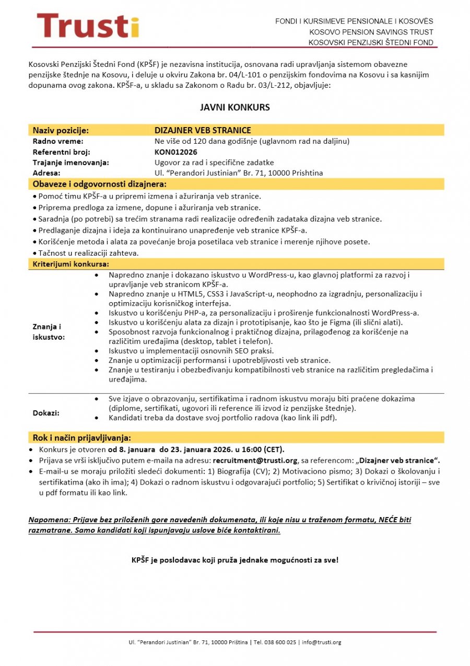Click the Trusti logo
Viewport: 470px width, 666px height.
click(x=88, y=25)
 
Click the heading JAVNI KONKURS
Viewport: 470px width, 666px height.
click(x=235, y=107)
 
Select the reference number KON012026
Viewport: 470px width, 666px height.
click(x=175, y=152)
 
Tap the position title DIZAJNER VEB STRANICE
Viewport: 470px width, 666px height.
click(x=203, y=130)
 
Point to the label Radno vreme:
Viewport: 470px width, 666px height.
click(x=58, y=141)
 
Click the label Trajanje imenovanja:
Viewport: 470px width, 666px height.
click(x=71, y=163)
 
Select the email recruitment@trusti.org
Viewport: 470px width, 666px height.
click(x=255, y=461)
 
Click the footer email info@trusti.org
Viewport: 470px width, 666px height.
click(x=321, y=642)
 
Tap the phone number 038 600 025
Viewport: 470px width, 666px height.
click(x=283, y=642)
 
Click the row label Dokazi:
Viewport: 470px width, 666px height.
click(x=46, y=413)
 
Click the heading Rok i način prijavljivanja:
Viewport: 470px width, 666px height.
click(x=82, y=438)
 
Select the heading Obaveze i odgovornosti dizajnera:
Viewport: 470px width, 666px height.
click(x=100, y=184)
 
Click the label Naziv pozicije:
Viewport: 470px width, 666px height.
click(x=61, y=130)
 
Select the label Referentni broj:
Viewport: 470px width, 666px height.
click(x=62, y=152)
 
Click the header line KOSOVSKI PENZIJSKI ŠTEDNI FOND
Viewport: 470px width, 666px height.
click(x=371, y=42)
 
